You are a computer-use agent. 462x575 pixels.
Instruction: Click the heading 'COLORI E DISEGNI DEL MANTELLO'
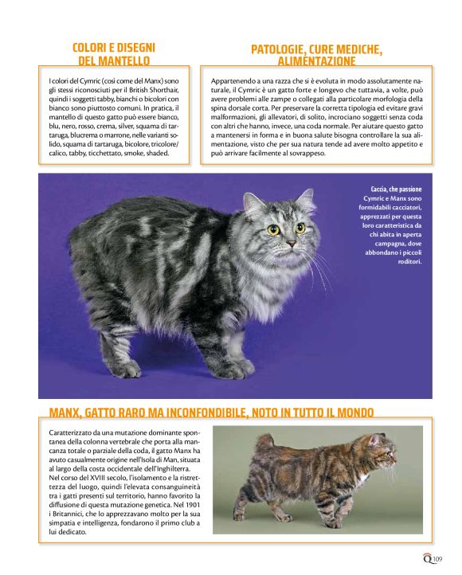pos(113,53)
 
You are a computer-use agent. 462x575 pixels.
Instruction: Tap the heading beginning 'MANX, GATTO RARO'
pos(211,412)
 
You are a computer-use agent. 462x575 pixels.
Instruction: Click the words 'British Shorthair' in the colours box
pos(135,90)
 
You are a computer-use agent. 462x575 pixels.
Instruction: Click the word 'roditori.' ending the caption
pos(409,261)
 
